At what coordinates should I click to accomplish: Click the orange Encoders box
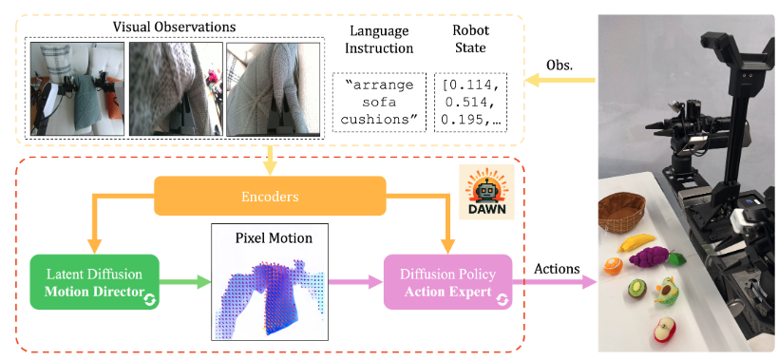[x=270, y=196]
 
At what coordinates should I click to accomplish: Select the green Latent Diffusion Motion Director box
[x=94, y=282]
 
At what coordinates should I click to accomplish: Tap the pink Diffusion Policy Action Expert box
[x=448, y=282]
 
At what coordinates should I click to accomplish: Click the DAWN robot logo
[x=486, y=192]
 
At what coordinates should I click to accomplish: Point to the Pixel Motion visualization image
[x=270, y=282]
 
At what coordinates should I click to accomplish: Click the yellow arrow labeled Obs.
[x=560, y=80]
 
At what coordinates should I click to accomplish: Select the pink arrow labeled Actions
[x=554, y=282]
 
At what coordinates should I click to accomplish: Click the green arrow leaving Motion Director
[x=185, y=282]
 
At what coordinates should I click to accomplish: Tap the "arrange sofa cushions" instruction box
[x=379, y=103]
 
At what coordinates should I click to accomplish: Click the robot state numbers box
[x=470, y=103]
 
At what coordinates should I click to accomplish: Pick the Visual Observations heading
[x=174, y=27]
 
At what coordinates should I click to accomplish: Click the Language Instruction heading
[x=379, y=39]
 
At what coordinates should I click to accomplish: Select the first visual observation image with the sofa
[x=77, y=88]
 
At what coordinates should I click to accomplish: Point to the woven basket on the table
[x=620, y=212]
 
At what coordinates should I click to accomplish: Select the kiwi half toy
[x=636, y=288]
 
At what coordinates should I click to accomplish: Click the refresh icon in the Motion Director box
[x=150, y=299]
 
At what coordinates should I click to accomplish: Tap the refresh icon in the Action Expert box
[x=503, y=299]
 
